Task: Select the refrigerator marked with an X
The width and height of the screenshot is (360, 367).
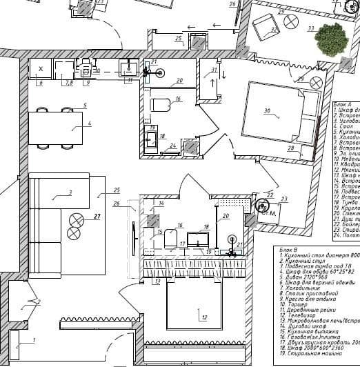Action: click(41, 70)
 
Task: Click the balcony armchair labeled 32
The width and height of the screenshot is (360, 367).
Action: click(264, 28)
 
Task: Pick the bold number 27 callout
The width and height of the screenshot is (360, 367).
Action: click(97, 216)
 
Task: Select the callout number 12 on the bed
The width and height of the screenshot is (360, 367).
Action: click(203, 318)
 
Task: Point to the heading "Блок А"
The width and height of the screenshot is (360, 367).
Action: click(343, 101)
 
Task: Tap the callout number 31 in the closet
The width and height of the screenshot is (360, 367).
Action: click(214, 70)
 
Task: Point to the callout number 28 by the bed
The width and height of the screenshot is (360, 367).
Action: click(291, 148)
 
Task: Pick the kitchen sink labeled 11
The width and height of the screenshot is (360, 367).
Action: click(128, 69)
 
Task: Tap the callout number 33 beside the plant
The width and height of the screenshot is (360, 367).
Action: click(311, 29)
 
